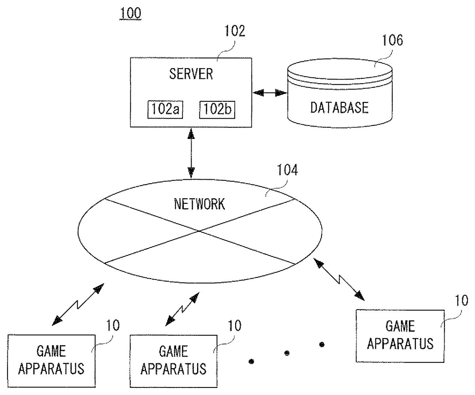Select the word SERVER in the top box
[191, 74]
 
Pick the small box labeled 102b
[217, 109]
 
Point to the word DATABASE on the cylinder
[339, 107]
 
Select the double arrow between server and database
[270, 93]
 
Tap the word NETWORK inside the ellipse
[199, 204]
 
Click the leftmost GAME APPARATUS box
[51, 360]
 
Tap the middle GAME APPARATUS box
[174, 360]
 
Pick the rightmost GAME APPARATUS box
[400, 336]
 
